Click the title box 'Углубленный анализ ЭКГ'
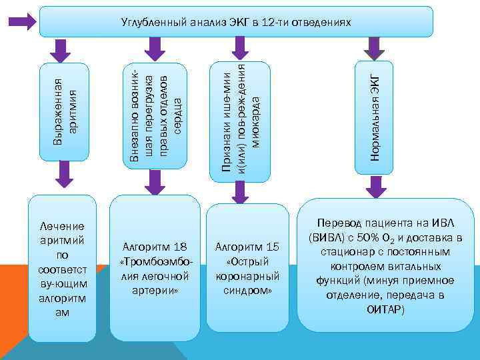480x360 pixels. pos(236,22)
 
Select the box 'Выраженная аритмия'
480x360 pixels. pos(64,111)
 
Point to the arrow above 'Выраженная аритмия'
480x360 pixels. pos(61,49)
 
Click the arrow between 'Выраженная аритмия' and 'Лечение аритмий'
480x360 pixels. pos(65,176)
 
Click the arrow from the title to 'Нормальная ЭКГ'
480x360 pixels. pos(375,47)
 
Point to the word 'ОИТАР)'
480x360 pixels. pos(385,310)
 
